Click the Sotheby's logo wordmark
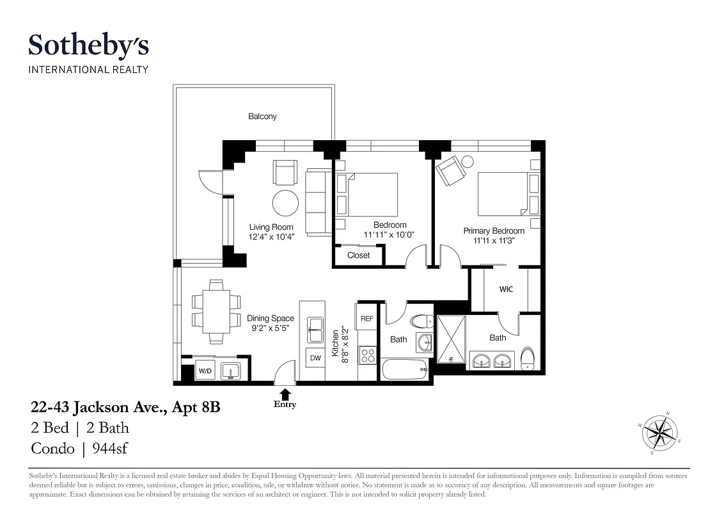[x=88, y=46]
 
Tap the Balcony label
[x=262, y=116]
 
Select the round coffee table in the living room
[x=285, y=204]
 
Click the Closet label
[x=358, y=255]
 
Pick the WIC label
[x=506, y=289]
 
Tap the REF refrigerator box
[x=367, y=318]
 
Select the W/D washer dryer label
[x=205, y=371]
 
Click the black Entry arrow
[x=285, y=394]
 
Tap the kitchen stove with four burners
[x=367, y=355]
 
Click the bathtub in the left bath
[x=404, y=369]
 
